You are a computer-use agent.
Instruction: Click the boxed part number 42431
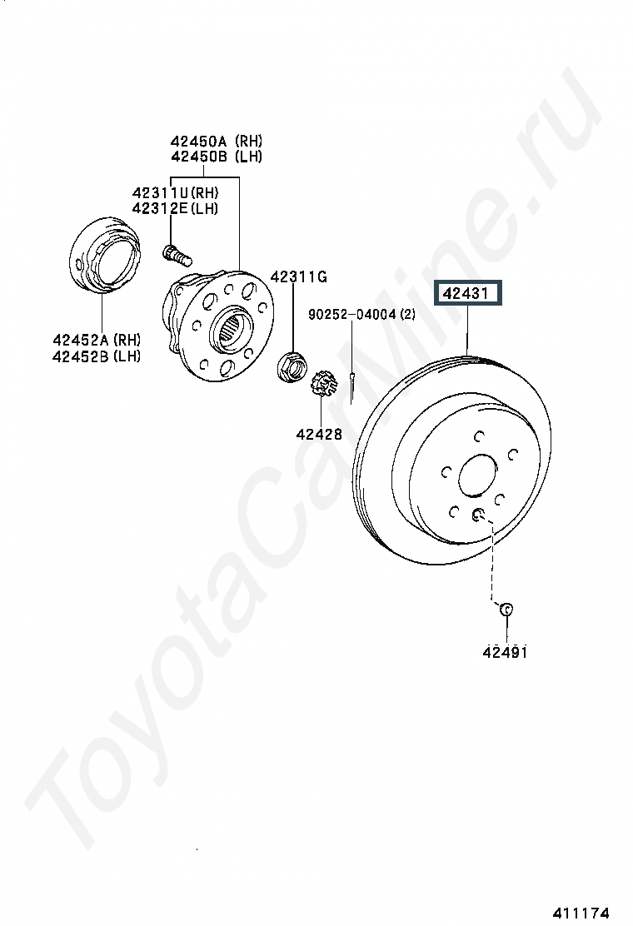467,293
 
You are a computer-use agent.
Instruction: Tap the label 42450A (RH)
216,141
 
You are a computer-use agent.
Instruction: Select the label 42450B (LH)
216,157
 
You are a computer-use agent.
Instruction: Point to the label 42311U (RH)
176,192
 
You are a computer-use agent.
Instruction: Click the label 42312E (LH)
176,208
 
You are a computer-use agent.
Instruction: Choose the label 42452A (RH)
97,340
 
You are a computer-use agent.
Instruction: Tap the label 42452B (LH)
97,356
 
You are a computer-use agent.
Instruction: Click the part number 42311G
299,276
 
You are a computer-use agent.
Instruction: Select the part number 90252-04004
352,314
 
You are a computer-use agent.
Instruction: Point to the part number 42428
319,434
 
